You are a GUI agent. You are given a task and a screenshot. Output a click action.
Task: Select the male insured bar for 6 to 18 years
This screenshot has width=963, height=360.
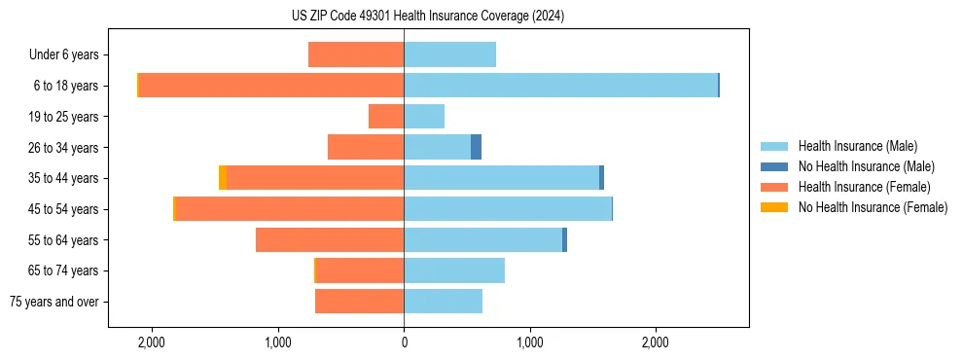[x=560, y=86]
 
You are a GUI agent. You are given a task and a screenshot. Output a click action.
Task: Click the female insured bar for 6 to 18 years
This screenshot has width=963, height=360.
[x=270, y=86]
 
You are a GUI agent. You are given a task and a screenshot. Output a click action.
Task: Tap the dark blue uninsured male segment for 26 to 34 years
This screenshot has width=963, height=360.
[x=476, y=147]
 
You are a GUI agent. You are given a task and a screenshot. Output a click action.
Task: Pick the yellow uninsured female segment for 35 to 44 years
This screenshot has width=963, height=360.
[x=223, y=178]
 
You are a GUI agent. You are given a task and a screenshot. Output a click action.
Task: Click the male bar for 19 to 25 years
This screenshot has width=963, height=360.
[x=424, y=117]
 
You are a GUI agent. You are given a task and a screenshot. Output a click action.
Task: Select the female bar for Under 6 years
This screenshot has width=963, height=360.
[x=356, y=54]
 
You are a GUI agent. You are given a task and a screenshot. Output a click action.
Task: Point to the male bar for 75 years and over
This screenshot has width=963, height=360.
[x=443, y=302]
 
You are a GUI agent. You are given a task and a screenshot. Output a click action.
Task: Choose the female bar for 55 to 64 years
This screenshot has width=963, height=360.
[x=330, y=239]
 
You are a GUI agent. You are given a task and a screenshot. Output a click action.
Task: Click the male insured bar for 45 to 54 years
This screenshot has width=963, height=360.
[x=508, y=209]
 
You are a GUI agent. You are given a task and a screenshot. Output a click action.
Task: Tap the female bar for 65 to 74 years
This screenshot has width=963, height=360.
[x=360, y=270]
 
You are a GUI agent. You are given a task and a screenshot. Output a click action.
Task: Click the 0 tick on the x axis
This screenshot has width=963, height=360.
[x=404, y=342]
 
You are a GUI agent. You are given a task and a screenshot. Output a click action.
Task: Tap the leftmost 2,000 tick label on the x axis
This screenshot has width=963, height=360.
[x=152, y=342]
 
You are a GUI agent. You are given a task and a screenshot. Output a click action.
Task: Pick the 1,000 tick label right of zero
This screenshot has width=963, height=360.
[x=530, y=342]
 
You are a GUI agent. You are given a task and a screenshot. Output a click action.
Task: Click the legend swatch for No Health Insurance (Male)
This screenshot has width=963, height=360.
[x=774, y=166]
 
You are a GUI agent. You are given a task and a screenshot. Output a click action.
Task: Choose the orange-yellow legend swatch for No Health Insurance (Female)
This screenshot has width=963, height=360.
[x=774, y=207]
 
